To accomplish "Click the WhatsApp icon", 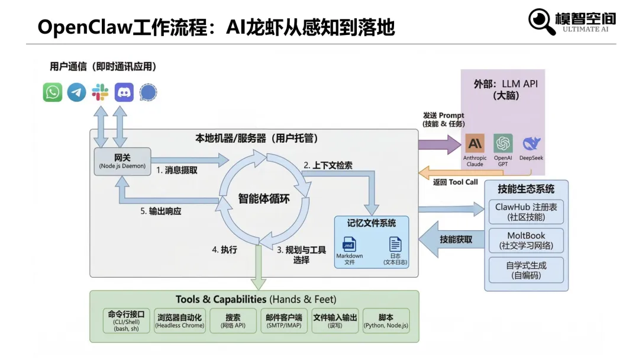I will (53, 92).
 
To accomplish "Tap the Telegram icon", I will (76, 92).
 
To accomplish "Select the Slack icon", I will (100, 92).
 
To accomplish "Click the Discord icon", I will (124, 92).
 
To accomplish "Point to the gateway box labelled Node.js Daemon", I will (122, 162).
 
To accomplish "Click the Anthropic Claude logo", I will (475, 143).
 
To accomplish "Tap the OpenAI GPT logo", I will (503, 143).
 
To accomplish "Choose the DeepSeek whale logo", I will (531, 143).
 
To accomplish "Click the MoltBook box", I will (526, 240).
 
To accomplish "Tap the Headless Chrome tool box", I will (179, 320).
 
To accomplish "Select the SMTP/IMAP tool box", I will (284, 320).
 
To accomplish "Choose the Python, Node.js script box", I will (386, 320).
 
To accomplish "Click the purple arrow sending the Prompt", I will (438, 144).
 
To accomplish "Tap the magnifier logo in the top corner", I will (541, 22).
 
